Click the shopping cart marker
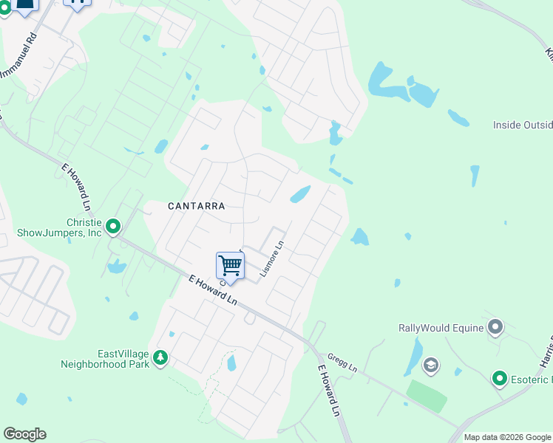point(230,265)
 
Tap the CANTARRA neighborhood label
point(196,207)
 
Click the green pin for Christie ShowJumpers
point(113,226)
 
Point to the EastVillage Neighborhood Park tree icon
point(160,358)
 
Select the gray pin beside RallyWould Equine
point(495,326)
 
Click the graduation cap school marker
point(430,365)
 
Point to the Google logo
point(24,434)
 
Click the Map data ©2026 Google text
point(507,437)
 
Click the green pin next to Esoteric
point(499,380)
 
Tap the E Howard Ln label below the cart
point(213,291)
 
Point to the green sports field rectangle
point(427,396)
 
